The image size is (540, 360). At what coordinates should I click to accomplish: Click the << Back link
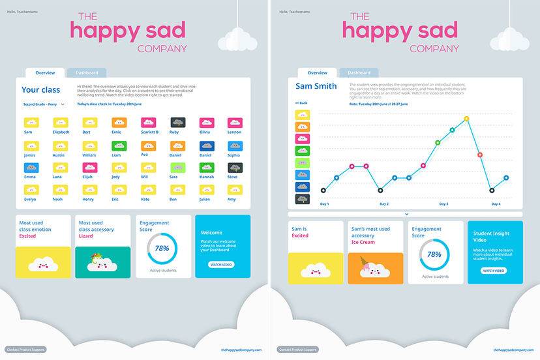301,103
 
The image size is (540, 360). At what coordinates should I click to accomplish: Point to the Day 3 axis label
443,204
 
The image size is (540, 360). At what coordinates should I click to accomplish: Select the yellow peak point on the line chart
466,119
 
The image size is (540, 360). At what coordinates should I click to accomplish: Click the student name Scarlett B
149,132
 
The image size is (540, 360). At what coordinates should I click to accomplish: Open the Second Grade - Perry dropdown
44,104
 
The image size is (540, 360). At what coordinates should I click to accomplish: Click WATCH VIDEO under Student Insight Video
494,270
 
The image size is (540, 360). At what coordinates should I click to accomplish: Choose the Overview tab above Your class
45,73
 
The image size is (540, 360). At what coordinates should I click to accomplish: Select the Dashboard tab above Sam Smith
359,73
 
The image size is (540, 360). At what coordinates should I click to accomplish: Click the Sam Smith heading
316,86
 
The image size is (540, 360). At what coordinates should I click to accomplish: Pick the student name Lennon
234,132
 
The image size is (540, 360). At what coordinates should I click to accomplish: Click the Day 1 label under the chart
324,204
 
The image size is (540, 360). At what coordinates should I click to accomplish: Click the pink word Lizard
85,236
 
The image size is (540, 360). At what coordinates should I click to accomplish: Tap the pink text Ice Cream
363,242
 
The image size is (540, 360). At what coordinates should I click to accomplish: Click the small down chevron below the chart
406,214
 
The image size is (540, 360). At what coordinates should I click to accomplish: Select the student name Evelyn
30,199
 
